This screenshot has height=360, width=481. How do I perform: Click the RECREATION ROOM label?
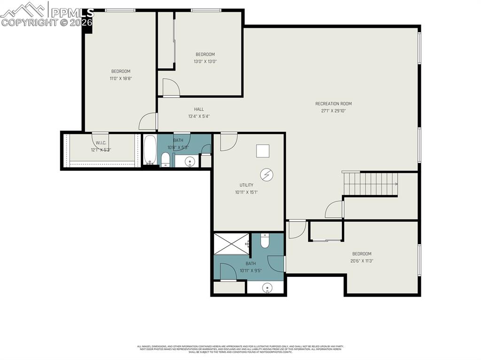pos(333,104)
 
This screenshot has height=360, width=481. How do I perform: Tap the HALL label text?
pos(199,109)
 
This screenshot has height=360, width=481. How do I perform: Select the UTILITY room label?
pos(246,185)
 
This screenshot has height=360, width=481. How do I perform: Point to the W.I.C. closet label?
pos(101,143)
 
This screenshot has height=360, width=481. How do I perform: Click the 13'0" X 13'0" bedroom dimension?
pos(205,61)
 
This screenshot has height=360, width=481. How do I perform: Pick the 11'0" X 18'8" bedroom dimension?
pos(121,78)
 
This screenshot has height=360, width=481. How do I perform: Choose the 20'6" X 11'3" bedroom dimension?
pos(362,261)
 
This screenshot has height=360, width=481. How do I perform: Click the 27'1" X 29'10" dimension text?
pos(333,111)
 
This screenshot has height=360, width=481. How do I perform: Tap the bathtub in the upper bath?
pos(149,150)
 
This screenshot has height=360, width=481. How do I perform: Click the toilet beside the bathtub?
pos(165,160)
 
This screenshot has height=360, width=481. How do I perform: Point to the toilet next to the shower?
pos(264,240)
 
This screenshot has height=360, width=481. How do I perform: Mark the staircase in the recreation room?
pos(370,184)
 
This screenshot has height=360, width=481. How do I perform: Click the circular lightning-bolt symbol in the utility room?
pos(266,175)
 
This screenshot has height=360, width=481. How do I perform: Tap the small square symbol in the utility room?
pos(263,151)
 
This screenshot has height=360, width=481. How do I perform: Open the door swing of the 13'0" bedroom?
pos(171,88)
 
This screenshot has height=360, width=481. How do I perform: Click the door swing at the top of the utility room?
pos(228,142)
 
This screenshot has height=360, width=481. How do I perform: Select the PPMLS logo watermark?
pos(47,14)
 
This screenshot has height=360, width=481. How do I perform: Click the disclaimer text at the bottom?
pos(240,349)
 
